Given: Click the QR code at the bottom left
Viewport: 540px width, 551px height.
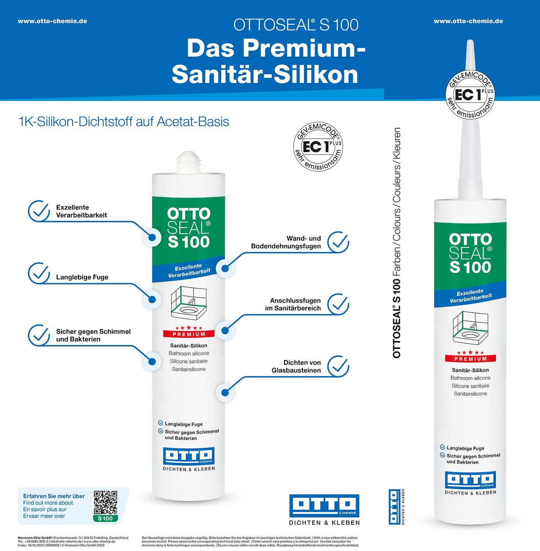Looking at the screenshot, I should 105,502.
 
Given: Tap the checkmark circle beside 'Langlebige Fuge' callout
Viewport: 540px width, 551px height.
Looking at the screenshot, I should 39,273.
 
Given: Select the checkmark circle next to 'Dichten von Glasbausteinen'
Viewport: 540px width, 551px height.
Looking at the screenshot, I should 338,366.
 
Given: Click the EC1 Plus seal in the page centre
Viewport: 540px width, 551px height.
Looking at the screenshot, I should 318,146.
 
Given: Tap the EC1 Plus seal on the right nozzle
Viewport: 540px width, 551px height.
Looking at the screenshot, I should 470,95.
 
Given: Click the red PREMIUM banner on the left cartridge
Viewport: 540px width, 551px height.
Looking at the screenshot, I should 189,334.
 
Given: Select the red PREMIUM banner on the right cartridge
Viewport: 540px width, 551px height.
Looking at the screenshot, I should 470,358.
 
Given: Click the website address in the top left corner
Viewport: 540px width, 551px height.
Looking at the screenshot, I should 52,21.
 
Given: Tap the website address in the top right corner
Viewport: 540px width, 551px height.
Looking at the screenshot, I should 468,21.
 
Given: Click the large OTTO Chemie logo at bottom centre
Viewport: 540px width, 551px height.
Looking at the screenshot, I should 324,506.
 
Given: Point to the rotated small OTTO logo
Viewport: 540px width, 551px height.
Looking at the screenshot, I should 395,507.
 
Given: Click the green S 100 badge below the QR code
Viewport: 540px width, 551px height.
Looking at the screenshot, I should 105,518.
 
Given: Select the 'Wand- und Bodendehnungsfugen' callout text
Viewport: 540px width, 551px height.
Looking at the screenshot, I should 286,242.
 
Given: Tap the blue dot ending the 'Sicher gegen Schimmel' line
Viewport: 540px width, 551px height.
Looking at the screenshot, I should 152,361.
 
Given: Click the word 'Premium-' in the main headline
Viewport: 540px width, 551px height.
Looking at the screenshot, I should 276,49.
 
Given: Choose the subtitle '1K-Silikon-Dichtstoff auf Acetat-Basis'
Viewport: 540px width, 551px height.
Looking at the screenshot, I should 124,121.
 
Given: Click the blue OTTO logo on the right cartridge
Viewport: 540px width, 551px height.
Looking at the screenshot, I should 470,480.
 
